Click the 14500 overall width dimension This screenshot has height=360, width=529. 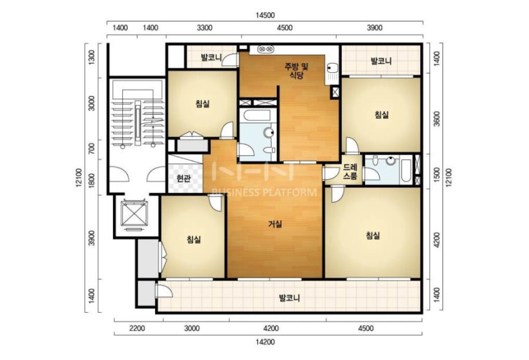tap(265, 16)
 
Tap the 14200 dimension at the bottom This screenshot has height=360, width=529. tap(265, 342)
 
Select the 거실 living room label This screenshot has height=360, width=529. tap(275, 224)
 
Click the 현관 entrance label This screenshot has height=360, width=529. tap(184, 178)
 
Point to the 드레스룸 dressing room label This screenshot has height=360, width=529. tap(350, 172)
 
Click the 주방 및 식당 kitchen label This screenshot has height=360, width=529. tap(296, 71)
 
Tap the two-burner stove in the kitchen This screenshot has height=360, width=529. tap(266, 49)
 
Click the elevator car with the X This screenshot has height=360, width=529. tap(134, 213)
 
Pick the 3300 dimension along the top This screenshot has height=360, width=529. tap(205, 28)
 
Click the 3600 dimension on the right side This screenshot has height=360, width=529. tap(437, 119)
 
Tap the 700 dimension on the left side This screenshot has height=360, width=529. tap(91, 149)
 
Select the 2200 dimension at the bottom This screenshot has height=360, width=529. tap(137, 328)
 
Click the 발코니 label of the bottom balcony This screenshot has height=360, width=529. tap(290, 298)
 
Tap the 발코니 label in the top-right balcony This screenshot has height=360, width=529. tap(381, 61)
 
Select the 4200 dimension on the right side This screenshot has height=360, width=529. tap(437, 240)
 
